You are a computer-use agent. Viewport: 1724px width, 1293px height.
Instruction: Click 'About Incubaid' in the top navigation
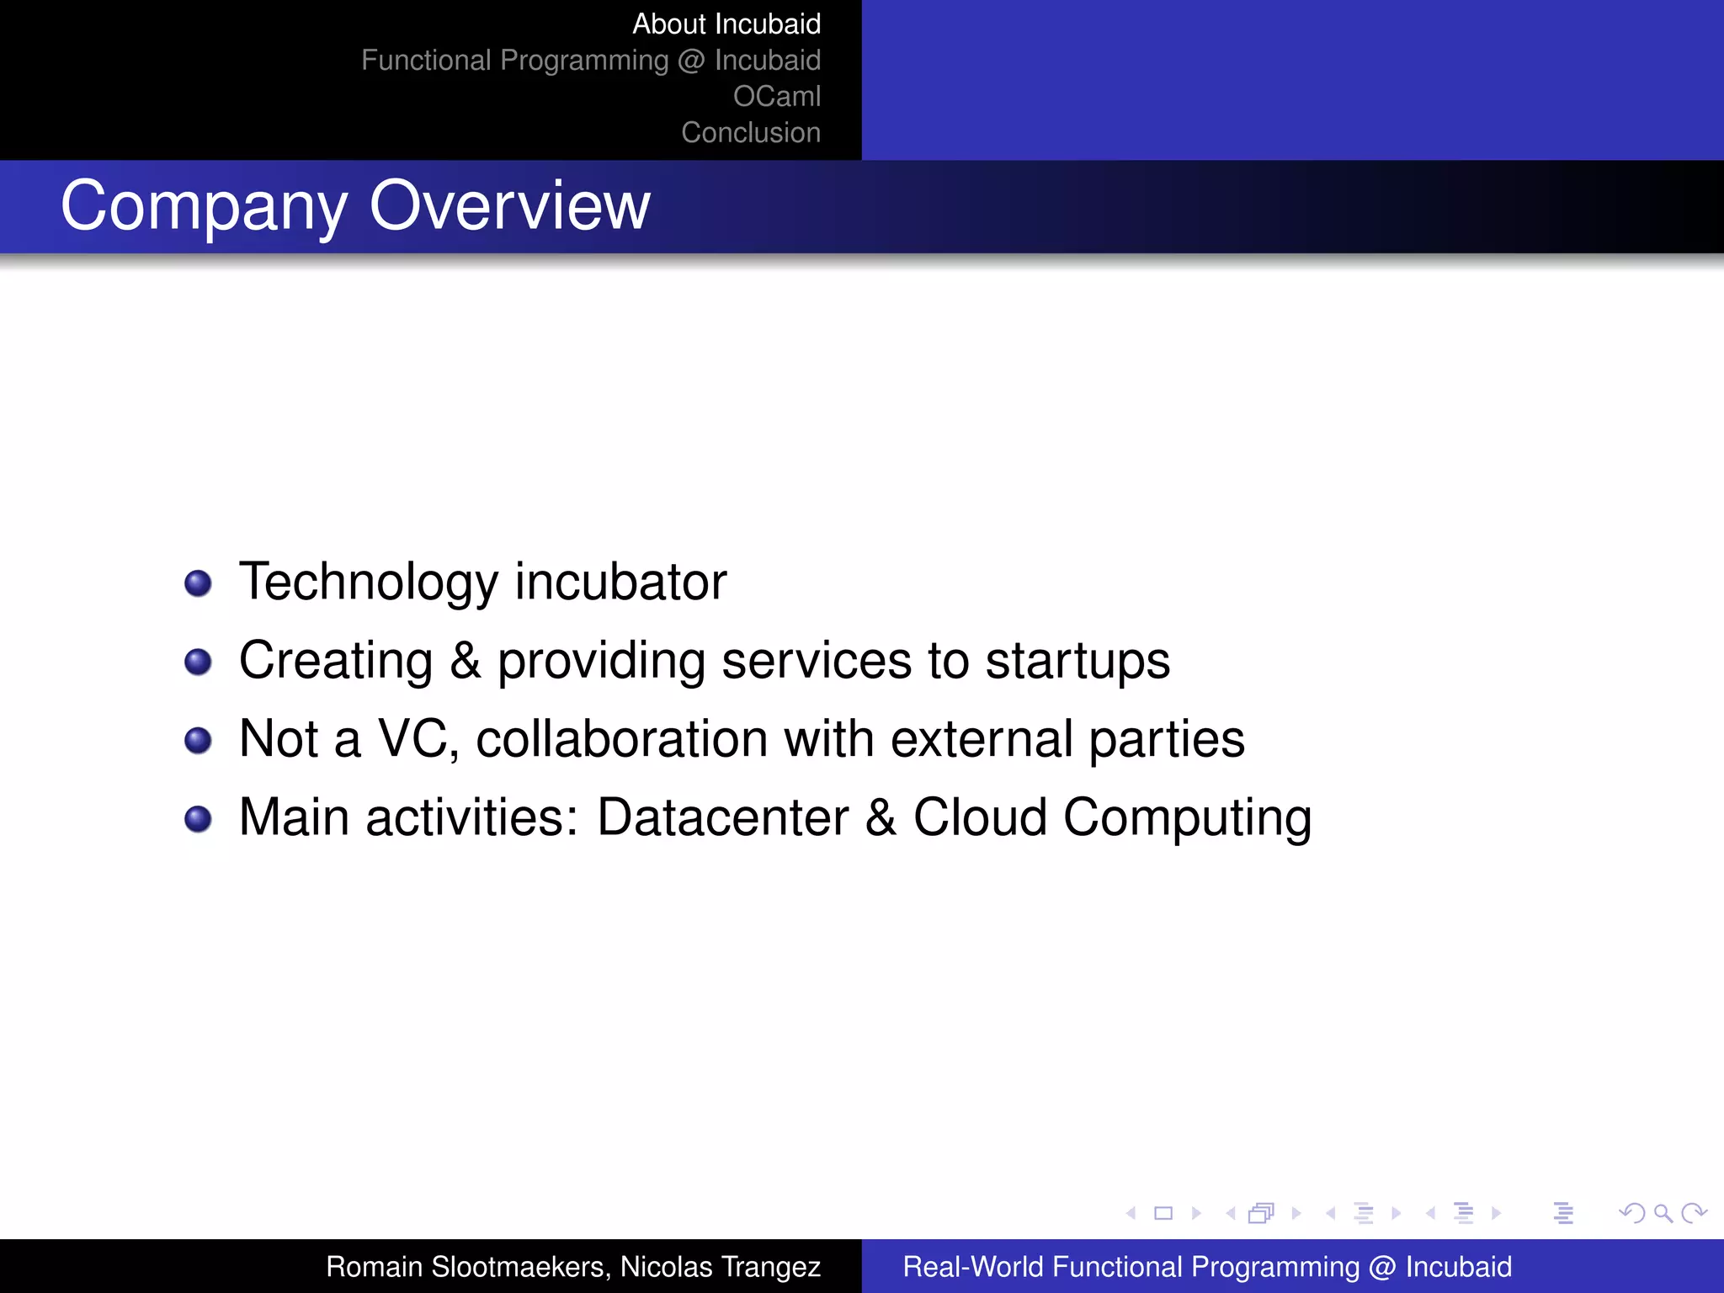pyautogui.click(x=726, y=24)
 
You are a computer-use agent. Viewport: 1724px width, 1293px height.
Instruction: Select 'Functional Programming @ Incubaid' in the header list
pyautogui.click(x=590, y=61)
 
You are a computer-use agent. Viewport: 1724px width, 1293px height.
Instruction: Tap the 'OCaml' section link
pyautogui.click(x=776, y=97)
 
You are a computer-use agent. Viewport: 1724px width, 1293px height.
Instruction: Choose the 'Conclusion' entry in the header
pyautogui.click(x=750, y=133)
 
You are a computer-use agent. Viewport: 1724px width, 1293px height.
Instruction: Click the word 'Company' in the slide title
pyautogui.click(x=204, y=207)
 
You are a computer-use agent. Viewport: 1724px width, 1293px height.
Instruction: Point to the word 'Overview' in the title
pyautogui.click(x=509, y=205)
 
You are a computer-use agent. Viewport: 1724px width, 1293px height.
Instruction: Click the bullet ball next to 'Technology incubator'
pyautogui.click(x=198, y=583)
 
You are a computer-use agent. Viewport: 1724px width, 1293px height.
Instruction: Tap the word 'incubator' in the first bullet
pyautogui.click(x=620, y=582)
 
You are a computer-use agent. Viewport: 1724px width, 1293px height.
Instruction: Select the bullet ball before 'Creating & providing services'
pyautogui.click(x=198, y=662)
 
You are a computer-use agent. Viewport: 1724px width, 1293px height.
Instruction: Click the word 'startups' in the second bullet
pyautogui.click(x=1077, y=662)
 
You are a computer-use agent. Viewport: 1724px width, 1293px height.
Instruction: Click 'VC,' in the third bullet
pyautogui.click(x=418, y=739)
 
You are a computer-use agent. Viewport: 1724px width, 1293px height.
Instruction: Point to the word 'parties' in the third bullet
pyautogui.click(x=1167, y=740)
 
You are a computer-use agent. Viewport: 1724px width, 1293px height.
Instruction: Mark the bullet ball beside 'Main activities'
pyautogui.click(x=198, y=818)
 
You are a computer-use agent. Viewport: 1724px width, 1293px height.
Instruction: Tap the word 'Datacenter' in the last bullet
pyautogui.click(x=722, y=817)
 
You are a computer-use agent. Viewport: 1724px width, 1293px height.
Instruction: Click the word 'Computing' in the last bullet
pyautogui.click(x=1187, y=819)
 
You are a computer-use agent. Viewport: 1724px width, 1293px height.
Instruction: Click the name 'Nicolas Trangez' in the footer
pyautogui.click(x=721, y=1267)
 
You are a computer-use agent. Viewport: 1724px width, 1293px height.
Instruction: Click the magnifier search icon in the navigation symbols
pyautogui.click(x=1663, y=1213)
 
